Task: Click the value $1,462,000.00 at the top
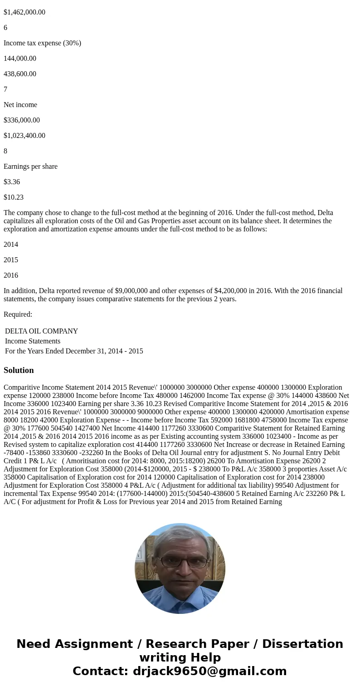(24, 12)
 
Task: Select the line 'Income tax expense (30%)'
(42, 43)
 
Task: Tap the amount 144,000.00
(20, 59)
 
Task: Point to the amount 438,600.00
(20, 74)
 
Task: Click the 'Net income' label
(20, 105)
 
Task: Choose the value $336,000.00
(22, 120)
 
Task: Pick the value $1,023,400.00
(24, 136)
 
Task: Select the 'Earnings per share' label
(30, 167)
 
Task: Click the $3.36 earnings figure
(12, 182)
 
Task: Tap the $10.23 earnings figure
(14, 197)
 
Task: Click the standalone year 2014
(11, 245)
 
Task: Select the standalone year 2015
(11, 260)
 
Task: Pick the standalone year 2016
(11, 275)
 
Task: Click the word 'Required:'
(18, 314)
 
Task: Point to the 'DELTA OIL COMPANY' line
(41, 331)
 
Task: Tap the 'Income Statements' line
(33, 341)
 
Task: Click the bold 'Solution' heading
(19, 370)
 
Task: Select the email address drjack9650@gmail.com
(209, 671)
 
